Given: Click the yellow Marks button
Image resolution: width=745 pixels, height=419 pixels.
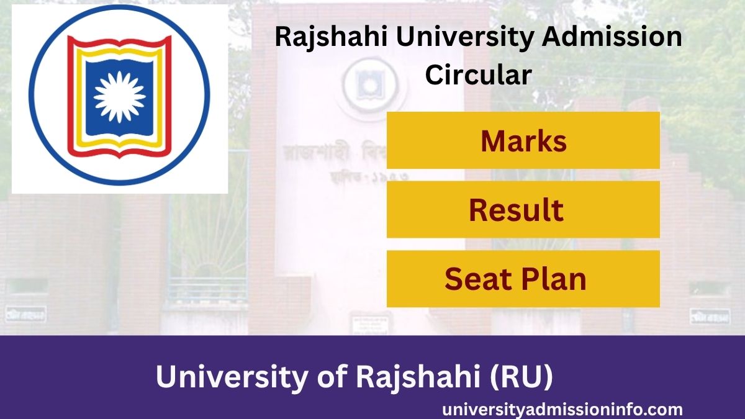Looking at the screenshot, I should click(523, 141).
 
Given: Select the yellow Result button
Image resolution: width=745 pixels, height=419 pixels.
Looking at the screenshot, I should click(523, 210).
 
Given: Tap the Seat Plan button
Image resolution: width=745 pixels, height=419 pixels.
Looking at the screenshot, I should click(523, 279).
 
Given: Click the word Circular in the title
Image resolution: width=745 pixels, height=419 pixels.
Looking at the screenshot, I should click(478, 74).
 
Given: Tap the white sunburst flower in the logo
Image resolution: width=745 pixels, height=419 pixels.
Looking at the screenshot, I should click(120, 96).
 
